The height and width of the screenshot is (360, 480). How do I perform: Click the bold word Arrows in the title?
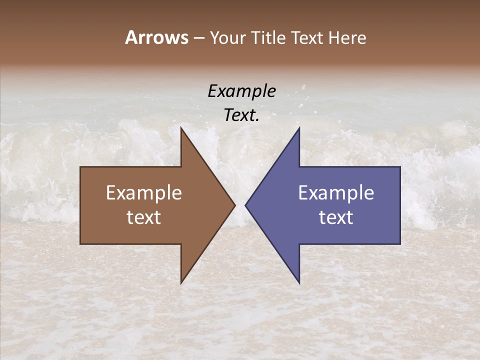pos(156,37)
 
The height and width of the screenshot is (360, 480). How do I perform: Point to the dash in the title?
pos(199,38)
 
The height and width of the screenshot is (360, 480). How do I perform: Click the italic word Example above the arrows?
pos(241,91)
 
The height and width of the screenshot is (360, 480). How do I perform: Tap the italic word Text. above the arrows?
pos(241,115)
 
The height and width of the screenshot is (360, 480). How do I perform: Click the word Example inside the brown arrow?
pos(144,193)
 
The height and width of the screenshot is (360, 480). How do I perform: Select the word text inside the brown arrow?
pos(144,217)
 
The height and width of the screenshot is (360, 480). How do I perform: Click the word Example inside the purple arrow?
pos(336,193)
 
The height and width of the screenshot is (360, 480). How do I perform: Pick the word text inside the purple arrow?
pos(336,217)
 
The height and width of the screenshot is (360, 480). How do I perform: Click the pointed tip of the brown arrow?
pos(235,205)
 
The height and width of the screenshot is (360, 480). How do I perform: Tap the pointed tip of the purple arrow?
pos(245,205)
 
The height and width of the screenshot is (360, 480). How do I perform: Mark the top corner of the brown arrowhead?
pos(181,127)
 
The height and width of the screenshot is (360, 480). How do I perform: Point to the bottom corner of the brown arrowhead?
pos(181,283)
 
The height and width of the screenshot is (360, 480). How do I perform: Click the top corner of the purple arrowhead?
pos(299,127)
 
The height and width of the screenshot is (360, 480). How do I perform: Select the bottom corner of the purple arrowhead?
pos(299,283)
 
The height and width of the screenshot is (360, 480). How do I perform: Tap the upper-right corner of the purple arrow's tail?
pos(400,167)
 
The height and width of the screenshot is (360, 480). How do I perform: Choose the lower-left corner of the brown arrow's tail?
pos(80,244)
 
